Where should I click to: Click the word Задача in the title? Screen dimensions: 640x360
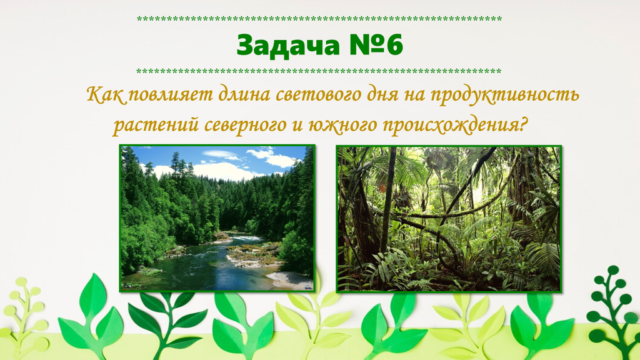(x=287, y=45)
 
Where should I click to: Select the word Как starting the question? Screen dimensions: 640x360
(x=105, y=95)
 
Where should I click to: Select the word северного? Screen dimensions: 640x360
(x=245, y=125)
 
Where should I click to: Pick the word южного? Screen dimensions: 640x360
(x=342, y=125)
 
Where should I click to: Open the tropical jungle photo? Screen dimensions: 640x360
(x=449, y=219)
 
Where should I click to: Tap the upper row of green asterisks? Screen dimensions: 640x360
(x=319, y=19)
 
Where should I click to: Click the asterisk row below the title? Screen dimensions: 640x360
(x=319, y=71)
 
